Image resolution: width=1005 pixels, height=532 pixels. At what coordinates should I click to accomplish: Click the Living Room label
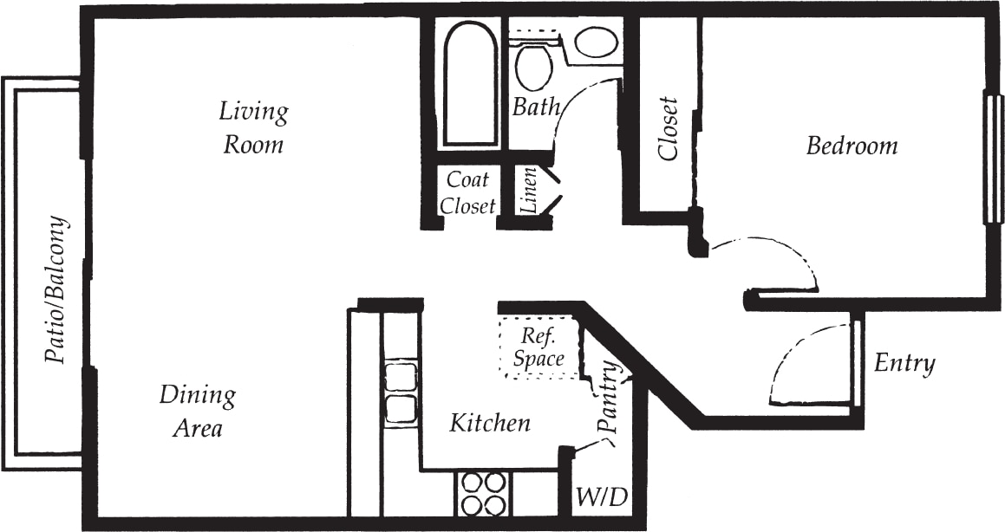253,127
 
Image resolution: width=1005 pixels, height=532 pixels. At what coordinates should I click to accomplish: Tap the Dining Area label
197,411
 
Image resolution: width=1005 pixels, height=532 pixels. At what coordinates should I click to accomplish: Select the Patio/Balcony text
56,291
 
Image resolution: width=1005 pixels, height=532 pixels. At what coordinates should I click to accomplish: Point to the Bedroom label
852,146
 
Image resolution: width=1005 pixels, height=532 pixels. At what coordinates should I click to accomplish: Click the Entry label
904,363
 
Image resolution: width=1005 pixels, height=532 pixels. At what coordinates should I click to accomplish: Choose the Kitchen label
489,424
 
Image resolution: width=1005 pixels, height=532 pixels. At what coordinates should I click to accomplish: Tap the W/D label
601,499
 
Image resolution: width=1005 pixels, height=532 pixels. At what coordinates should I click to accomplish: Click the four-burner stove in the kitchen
481,494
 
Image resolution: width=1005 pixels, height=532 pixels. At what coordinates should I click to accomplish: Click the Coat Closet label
468,192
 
